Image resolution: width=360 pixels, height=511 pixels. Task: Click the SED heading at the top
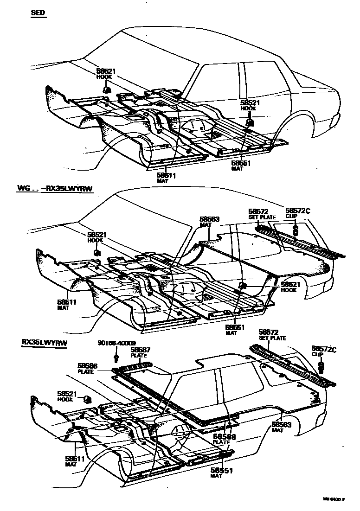point(38,13)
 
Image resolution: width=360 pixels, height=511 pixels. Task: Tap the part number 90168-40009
point(117,343)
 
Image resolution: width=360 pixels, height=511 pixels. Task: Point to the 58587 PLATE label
point(139,352)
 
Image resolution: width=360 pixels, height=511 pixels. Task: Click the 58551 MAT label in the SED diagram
point(241,166)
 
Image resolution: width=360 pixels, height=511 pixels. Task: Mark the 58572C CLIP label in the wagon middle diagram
point(297,213)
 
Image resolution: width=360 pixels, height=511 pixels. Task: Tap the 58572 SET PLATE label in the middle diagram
point(262,213)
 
